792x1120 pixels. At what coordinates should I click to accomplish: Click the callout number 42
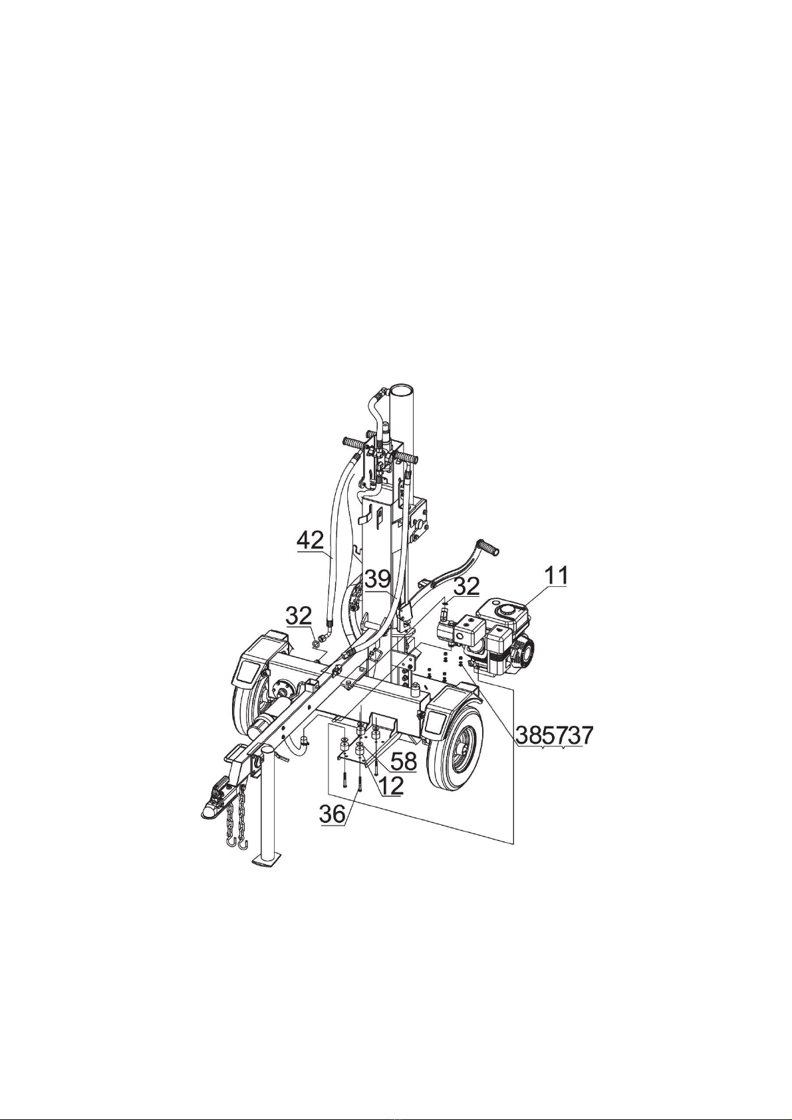[x=310, y=541]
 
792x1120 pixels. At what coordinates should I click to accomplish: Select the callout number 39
[x=378, y=580]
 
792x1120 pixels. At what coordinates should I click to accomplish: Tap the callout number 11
[x=557, y=576]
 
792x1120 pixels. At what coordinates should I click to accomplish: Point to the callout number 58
[x=404, y=761]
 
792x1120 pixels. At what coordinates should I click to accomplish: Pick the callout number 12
[x=391, y=786]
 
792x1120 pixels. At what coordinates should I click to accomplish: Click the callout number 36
[x=332, y=814]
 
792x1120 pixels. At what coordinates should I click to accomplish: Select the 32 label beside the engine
[x=466, y=586]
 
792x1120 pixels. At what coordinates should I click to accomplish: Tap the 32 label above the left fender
[x=299, y=616]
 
